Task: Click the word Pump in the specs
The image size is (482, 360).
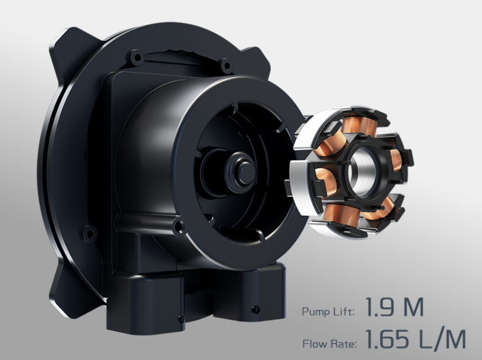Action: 316,312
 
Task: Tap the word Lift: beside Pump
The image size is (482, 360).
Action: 344,311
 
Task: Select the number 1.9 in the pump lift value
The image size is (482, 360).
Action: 380,307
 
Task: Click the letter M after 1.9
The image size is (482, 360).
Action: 413,307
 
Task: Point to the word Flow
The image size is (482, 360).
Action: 315,343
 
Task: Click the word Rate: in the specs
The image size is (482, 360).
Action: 344,343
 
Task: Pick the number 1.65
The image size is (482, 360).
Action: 389,339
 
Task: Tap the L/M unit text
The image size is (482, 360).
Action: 443,339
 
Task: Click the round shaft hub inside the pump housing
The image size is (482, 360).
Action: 242,171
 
